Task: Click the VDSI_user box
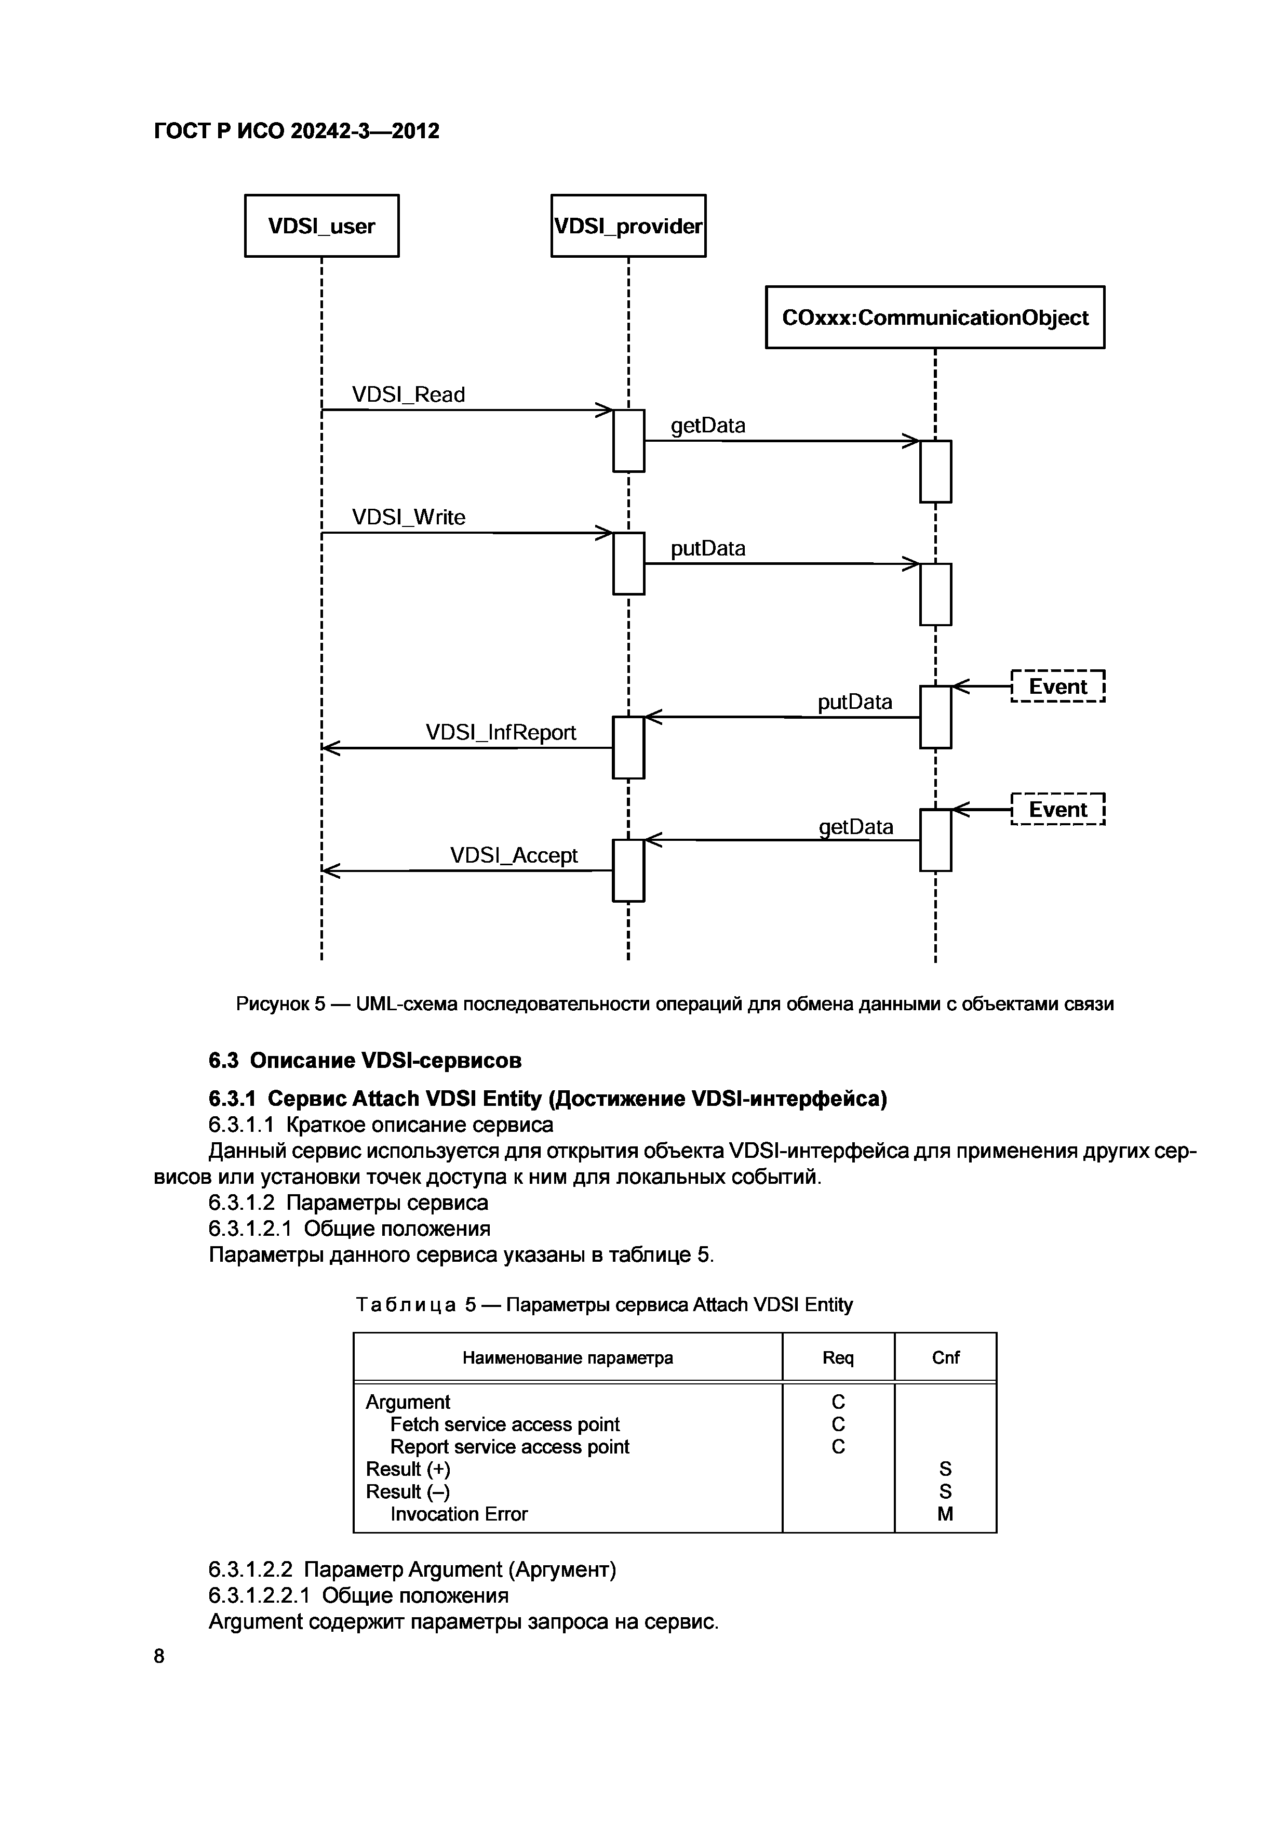pos(321,226)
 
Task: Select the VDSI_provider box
pos(628,226)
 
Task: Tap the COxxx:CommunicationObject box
pos(935,318)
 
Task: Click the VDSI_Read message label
pos(408,394)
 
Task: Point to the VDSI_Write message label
pos(408,518)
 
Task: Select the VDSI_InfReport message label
pos(501,732)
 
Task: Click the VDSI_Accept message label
pos(514,855)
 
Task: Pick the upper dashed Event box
pos(1058,687)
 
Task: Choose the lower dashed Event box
pos(1058,810)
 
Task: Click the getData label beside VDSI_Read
pos(708,426)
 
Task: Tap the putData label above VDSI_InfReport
pos(855,702)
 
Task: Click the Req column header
pos(838,1358)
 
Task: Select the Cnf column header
pos(945,1358)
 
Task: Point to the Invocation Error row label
pos(459,1514)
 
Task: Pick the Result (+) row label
pos(408,1469)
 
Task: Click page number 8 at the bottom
pos(159,1656)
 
